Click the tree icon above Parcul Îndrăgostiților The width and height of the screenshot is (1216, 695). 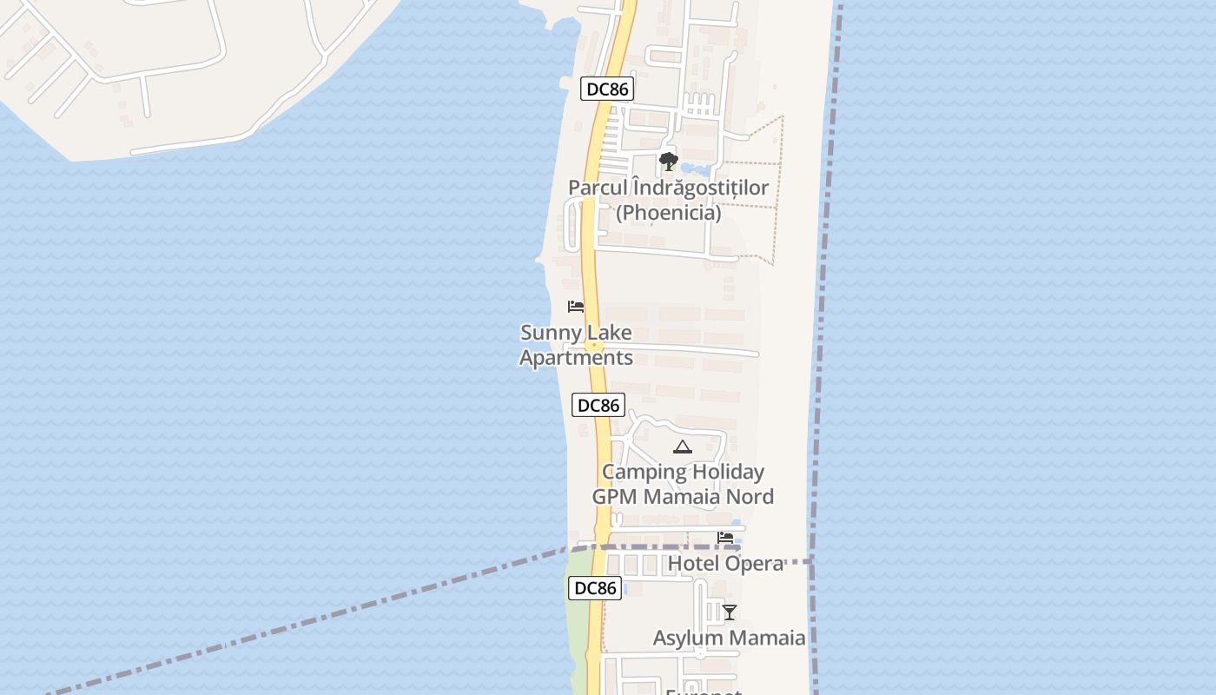pos(668,161)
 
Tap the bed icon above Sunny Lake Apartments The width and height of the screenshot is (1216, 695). pos(575,307)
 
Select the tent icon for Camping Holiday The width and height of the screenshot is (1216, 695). pos(683,447)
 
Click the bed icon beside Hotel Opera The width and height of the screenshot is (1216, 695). pos(726,538)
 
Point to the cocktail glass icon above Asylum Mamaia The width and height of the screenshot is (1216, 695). pos(730,612)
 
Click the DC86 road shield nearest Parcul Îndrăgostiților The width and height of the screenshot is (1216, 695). pos(607,89)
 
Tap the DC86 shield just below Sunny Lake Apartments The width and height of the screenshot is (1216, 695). pos(598,405)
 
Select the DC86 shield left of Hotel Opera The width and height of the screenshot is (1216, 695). pos(595,588)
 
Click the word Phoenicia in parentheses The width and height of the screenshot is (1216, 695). pos(668,213)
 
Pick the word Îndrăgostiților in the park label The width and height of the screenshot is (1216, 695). pos(700,188)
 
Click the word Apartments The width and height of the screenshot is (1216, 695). pos(576,358)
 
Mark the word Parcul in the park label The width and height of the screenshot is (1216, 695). pos(597,188)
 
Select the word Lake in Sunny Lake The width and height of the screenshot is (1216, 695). pos(609,333)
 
